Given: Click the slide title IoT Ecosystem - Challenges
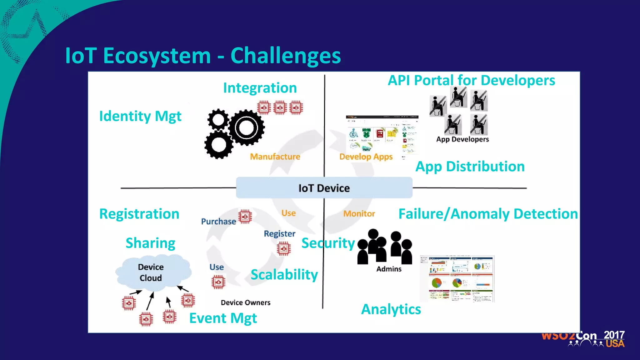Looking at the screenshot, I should (202, 56).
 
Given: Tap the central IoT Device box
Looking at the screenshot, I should (324, 188).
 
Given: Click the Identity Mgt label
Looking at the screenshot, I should (140, 116).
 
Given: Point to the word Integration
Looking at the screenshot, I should (260, 88).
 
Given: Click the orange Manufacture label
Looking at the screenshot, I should (275, 157).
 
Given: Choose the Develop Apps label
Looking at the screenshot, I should (366, 157).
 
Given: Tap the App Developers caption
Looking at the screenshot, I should (462, 139).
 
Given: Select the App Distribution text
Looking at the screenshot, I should (470, 167).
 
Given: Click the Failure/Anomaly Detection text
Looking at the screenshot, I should (488, 214).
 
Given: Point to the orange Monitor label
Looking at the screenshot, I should (359, 214).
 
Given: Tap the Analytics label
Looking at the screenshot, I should (391, 309).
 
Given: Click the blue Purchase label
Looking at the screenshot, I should (218, 222).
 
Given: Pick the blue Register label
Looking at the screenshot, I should (279, 234).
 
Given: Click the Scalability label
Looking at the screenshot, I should (284, 275).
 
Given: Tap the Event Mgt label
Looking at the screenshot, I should (223, 318).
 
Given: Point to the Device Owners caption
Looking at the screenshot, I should (245, 302).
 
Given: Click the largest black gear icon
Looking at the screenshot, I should (247, 127).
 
